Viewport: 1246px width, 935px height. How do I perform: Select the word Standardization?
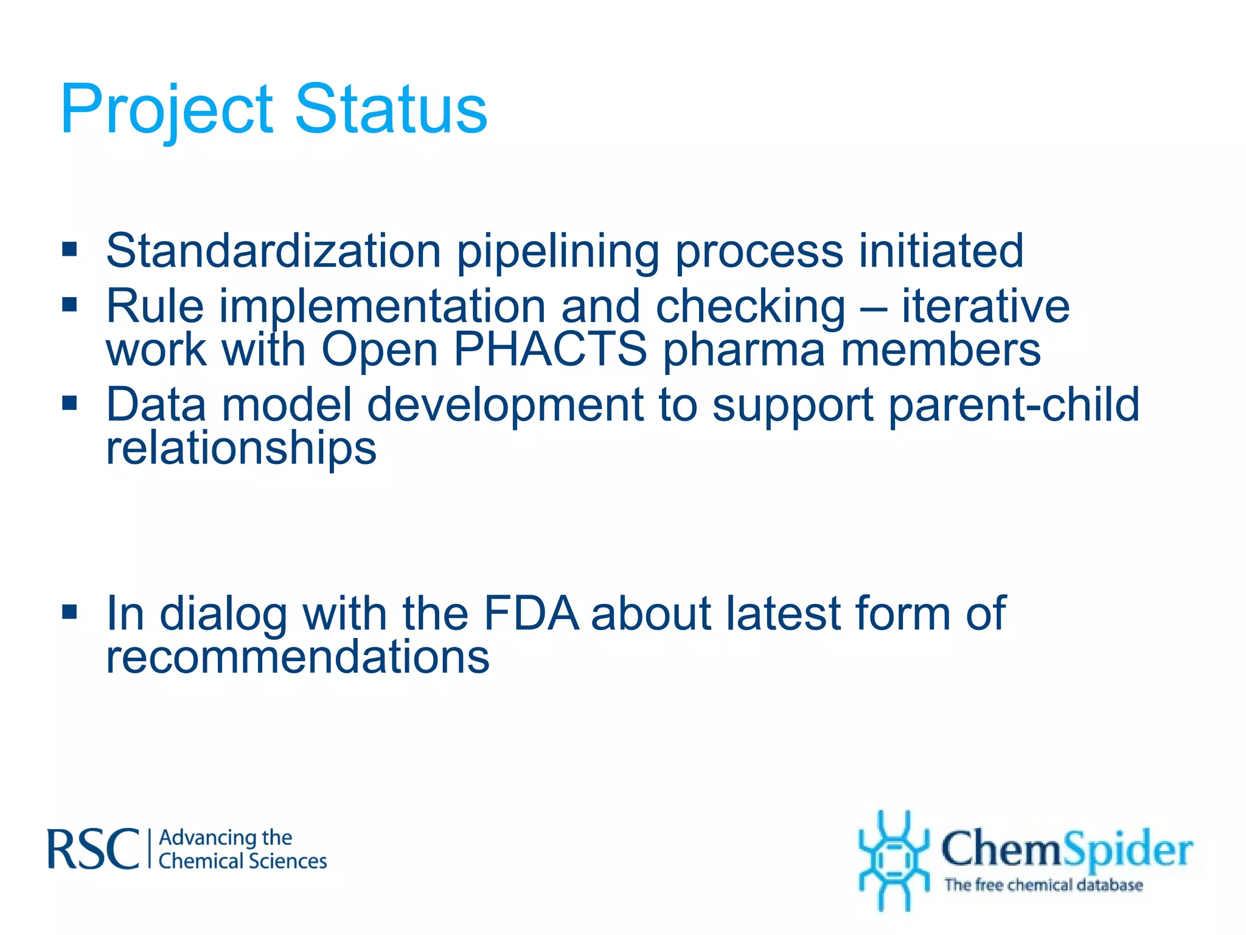click(273, 251)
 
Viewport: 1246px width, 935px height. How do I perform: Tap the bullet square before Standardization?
click(69, 249)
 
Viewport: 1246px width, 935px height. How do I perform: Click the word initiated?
click(941, 251)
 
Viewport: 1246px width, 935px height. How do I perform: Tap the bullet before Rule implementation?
click(69, 303)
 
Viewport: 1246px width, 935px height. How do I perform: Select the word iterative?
click(985, 306)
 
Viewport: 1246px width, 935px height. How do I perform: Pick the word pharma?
click(743, 351)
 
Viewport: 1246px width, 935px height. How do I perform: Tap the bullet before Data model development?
click(69, 402)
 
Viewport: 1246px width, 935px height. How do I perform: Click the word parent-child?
click(1014, 404)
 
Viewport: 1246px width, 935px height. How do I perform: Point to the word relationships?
click(241, 449)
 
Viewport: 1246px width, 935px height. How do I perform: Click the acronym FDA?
click(531, 613)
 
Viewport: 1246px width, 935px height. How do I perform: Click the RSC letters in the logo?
click(93, 849)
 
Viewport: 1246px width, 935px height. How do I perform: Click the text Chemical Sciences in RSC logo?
click(242, 861)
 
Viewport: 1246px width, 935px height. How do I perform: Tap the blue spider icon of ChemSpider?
click(893, 860)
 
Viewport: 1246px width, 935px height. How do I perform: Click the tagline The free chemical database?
click(1043, 884)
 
